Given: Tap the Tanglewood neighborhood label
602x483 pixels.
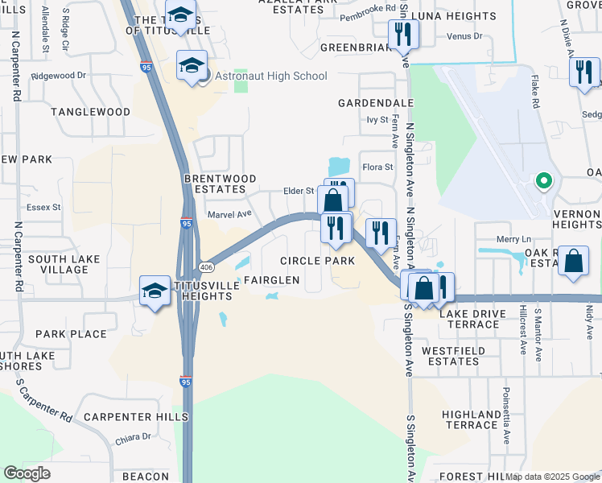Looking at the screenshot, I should [90, 112].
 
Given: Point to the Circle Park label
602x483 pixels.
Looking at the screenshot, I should [317, 261].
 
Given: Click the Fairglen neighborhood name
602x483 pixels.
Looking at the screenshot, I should [272, 280].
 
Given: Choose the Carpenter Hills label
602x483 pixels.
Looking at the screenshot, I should [135, 417].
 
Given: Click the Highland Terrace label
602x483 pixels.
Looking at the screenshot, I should [471, 419].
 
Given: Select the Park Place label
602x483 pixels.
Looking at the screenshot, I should [71, 334].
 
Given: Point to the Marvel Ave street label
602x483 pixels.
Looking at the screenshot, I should [229, 214].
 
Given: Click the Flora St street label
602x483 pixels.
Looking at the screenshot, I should [377, 167].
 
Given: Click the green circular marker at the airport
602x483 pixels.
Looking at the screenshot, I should [544, 181].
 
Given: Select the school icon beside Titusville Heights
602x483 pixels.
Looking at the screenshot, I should [155, 291].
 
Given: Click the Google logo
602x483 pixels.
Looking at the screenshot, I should [27, 473].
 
